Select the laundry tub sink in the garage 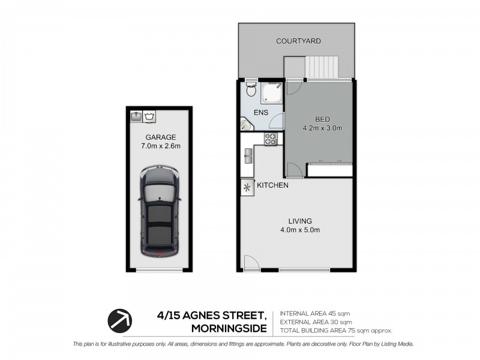pyautogui.click(x=136, y=115)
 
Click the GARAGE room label pyautogui.click(x=159, y=136)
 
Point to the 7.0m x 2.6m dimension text pyautogui.click(x=159, y=146)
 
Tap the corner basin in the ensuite pyautogui.click(x=246, y=124)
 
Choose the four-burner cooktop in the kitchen pyautogui.click(x=270, y=139)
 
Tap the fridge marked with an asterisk pyautogui.click(x=247, y=187)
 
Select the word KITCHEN pyautogui.click(x=273, y=185)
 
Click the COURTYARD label pyautogui.click(x=298, y=41)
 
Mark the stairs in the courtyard pyautogui.click(x=323, y=67)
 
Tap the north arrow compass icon pyautogui.click(x=119, y=320)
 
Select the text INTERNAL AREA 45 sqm pyautogui.click(x=315, y=314)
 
